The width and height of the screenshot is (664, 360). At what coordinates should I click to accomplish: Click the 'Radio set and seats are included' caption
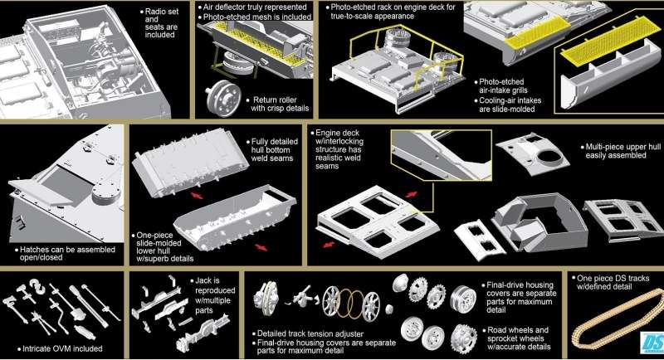click(161, 23)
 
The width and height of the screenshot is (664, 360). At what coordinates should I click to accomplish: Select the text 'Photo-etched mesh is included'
click(255, 17)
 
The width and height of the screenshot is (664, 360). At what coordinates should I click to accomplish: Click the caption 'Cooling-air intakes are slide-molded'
click(507, 105)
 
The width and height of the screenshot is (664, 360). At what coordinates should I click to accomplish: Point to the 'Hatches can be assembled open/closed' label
click(65, 253)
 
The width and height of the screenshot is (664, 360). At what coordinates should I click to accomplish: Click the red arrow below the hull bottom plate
click(196, 196)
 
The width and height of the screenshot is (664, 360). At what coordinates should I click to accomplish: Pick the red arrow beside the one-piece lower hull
click(261, 247)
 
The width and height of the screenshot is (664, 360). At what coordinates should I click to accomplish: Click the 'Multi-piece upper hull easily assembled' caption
click(620, 151)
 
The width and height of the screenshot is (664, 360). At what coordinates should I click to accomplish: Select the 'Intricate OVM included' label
click(60, 348)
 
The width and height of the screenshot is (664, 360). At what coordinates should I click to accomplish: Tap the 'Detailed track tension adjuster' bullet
click(307, 333)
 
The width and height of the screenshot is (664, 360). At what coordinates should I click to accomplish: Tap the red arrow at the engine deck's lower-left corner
click(329, 245)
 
